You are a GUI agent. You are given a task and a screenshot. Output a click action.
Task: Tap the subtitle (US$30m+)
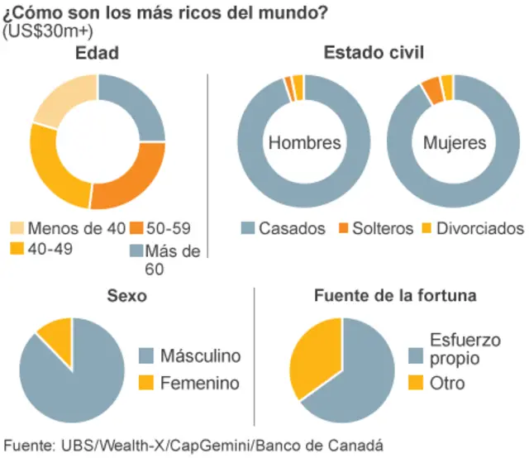point(49,31)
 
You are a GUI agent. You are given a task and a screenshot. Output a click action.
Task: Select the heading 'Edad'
point(98,54)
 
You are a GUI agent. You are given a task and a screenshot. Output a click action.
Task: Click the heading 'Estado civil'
point(374,54)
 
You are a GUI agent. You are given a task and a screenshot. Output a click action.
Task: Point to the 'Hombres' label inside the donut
point(304,143)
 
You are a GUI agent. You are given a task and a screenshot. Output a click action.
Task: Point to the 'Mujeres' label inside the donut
point(455,143)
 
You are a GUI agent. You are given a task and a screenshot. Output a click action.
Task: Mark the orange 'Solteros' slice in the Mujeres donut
point(431,89)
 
